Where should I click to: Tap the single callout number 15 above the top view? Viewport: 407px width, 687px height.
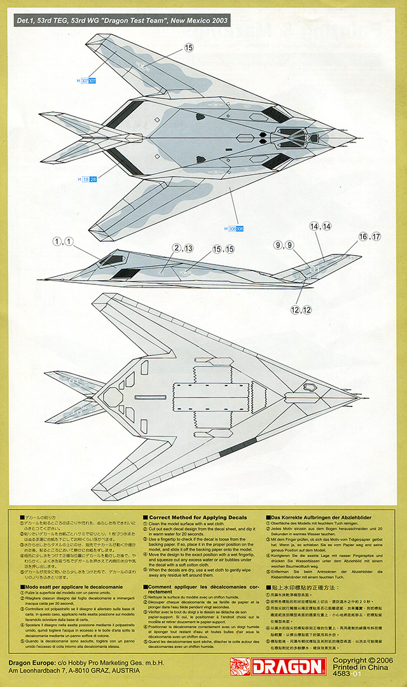point(189,47)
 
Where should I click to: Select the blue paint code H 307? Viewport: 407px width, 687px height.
point(86,81)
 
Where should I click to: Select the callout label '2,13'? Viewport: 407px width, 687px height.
point(183,248)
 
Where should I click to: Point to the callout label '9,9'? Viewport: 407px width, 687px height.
point(283,245)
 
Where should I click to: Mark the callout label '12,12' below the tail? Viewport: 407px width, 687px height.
point(301,310)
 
